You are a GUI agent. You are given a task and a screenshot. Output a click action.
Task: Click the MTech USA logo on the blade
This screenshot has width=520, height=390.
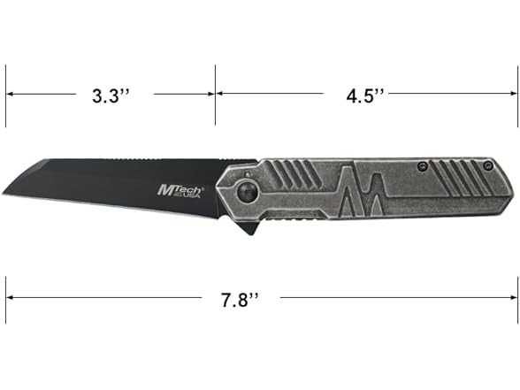[x=181, y=191]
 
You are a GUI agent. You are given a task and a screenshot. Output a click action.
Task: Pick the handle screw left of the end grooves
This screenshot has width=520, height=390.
[x=424, y=165]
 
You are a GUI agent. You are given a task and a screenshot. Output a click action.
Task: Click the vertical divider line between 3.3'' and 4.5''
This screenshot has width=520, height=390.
[x=214, y=93]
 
